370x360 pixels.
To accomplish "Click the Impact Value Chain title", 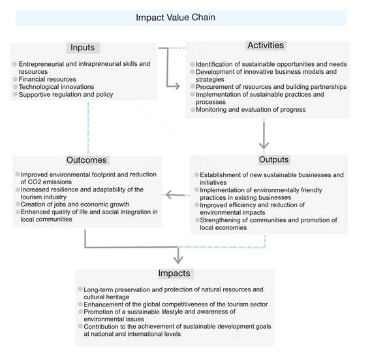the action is (x=176, y=18).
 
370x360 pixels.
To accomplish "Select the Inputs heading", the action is (x=83, y=48).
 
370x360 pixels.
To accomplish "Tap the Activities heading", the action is (x=266, y=45).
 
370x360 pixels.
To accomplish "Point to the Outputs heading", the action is (x=273, y=159).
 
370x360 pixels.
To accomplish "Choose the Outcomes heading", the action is (x=86, y=160).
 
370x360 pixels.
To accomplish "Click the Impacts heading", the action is (x=174, y=273).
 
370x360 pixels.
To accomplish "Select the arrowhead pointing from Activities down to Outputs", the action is (x=264, y=145).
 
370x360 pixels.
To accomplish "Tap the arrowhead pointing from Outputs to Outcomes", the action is (x=169, y=195).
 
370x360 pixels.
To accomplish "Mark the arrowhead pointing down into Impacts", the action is (x=178, y=260).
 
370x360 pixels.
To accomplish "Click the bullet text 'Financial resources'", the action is (x=47, y=79).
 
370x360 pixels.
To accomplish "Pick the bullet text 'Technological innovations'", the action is (x=56, y=87).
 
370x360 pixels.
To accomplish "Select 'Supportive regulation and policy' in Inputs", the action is (x=66, y=95).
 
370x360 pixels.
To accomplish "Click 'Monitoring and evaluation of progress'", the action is (x=251, y=110).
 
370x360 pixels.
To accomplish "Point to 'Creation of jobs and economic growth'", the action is (x=75, y=204).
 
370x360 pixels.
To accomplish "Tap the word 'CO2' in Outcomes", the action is (x=35, y=182).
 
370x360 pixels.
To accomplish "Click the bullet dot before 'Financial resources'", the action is (x=15, y=79).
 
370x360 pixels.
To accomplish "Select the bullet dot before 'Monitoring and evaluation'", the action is (x=193, y=110).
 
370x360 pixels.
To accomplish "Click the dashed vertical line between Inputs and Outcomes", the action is (x=88, y=127).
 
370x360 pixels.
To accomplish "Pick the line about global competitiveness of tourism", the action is (x=176, y=304).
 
